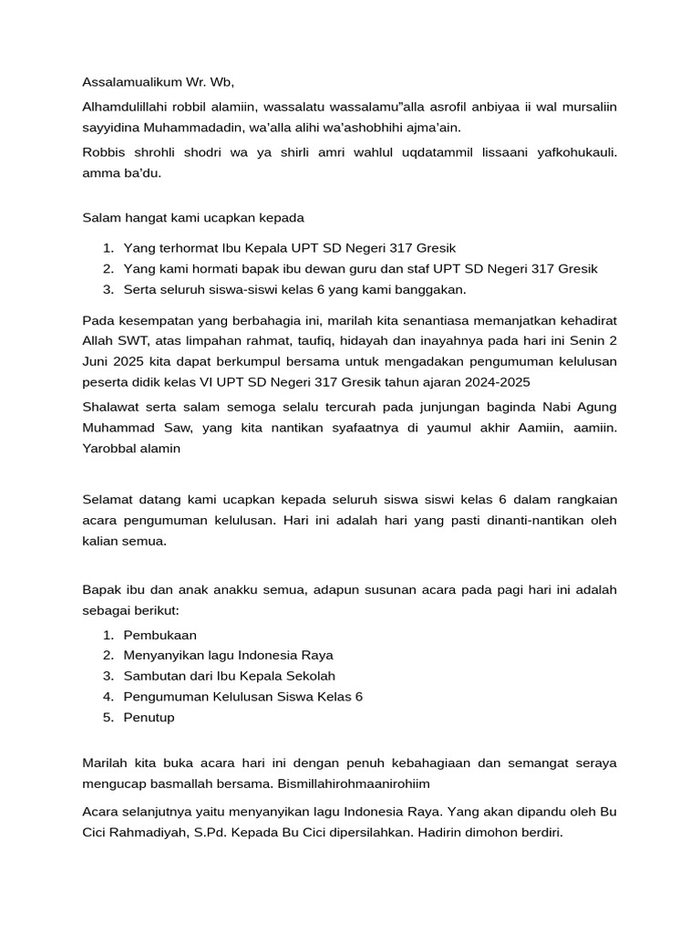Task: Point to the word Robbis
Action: click(x=103, y=151)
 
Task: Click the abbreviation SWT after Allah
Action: click(x=135, y=341)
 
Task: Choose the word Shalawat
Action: click(x=112, y=407)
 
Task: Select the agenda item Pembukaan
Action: click(x=160, y=635)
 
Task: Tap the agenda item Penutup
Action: click(x=149, y=718)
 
